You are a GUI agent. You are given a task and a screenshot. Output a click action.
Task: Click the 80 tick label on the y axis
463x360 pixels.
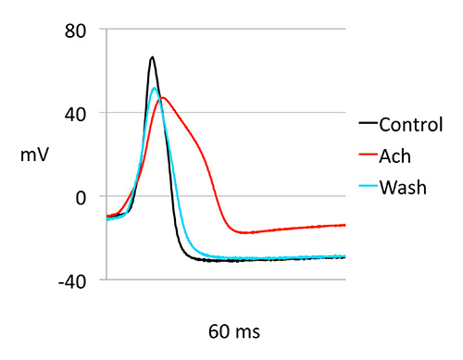point(75,31)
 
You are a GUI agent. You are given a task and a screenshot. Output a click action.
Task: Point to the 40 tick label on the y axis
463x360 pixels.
point(75,115)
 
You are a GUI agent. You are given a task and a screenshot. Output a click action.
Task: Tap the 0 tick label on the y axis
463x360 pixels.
point(81,198)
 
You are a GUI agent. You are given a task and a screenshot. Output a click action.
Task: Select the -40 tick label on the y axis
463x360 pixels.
point(72,282)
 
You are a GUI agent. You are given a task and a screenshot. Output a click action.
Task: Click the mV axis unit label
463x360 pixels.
point(34,155)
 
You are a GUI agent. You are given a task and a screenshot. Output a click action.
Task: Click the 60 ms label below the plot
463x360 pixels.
point(234,332)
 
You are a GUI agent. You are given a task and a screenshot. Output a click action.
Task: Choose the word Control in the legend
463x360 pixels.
point(411,125)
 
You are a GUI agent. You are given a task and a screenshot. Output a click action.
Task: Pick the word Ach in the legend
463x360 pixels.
point(395,156)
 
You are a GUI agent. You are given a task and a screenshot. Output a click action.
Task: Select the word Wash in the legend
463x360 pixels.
point(403,188)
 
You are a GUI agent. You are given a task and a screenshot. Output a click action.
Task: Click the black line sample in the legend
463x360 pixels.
point(369,123)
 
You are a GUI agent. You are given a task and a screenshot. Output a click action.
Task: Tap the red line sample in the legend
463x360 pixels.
point(369,155)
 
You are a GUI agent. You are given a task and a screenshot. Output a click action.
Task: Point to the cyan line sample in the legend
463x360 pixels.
point(369,186)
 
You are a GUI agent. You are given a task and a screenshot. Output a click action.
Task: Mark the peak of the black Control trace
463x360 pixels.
point(152,57)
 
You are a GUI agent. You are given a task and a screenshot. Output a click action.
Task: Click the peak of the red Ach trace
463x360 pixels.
point(163,98)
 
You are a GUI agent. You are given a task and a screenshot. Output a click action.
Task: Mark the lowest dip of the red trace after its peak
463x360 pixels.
point(244,232)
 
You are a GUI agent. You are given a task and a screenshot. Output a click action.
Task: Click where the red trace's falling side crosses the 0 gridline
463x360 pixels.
point(215,196)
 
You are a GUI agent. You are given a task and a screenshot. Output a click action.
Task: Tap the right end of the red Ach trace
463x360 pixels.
point(344,225)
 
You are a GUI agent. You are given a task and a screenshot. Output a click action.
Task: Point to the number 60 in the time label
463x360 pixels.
point(219,332)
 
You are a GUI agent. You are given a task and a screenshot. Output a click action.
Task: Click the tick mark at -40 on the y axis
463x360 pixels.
point(103,279)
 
